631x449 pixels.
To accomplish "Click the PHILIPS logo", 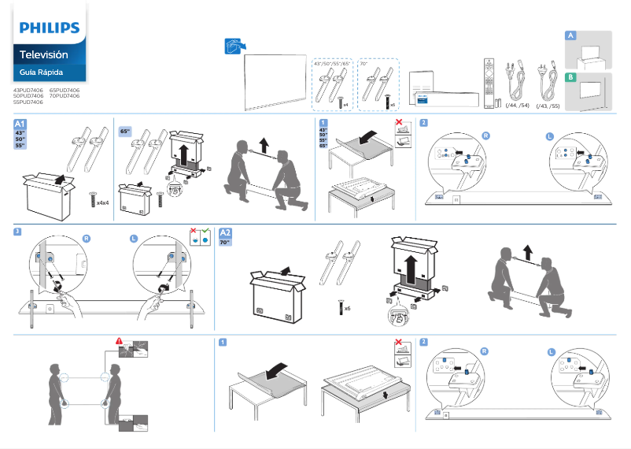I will (x=50, y=28).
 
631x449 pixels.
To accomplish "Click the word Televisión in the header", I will (x=43, y=55).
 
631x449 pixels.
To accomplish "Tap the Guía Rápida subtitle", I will (x=41, y=72).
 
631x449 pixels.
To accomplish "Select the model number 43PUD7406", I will (x=28, y=90).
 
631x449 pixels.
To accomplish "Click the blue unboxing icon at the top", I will (x=233, y=45).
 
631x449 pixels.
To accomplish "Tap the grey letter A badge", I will (x=570, y=35).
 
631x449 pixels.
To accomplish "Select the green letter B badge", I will (x=570, y=77).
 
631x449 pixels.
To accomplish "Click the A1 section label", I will (x=21, y=124).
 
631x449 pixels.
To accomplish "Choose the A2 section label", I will (x=226, y=233).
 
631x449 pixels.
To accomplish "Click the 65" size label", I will (x=125, y=131).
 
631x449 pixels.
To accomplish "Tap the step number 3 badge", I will (x=17, y=232).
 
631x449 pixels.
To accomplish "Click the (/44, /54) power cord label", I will (x=517, y=105).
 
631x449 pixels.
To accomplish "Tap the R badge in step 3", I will (x=87, y=238).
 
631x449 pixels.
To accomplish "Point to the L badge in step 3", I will (x=134, y=238).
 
